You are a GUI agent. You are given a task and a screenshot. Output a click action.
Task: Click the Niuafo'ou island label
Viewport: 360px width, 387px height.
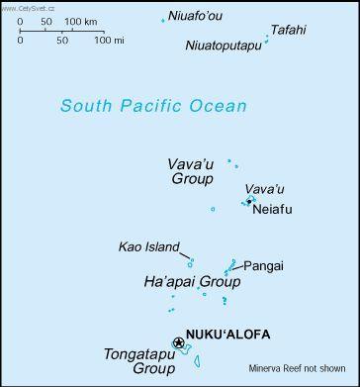(x=196, y=15)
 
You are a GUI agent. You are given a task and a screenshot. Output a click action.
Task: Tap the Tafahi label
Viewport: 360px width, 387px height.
(x=288, y=30)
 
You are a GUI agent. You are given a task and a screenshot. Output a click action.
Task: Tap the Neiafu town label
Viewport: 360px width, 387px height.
(x=273, y=210)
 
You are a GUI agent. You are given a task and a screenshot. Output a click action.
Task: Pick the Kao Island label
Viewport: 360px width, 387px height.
(x=148, y=246)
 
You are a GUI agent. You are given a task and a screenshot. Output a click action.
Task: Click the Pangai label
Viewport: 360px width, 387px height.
(x=264, y=265)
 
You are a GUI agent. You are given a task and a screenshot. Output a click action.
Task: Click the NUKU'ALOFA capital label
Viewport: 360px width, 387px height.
(x=227, y=335)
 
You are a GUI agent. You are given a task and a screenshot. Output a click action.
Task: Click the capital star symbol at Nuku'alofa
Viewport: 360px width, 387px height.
(x=178, y=342)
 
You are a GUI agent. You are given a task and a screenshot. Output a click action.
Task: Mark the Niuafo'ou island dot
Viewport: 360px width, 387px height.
(x=163, y=19)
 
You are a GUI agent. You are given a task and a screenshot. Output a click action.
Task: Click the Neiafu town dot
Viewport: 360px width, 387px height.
(x=249, y=201)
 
